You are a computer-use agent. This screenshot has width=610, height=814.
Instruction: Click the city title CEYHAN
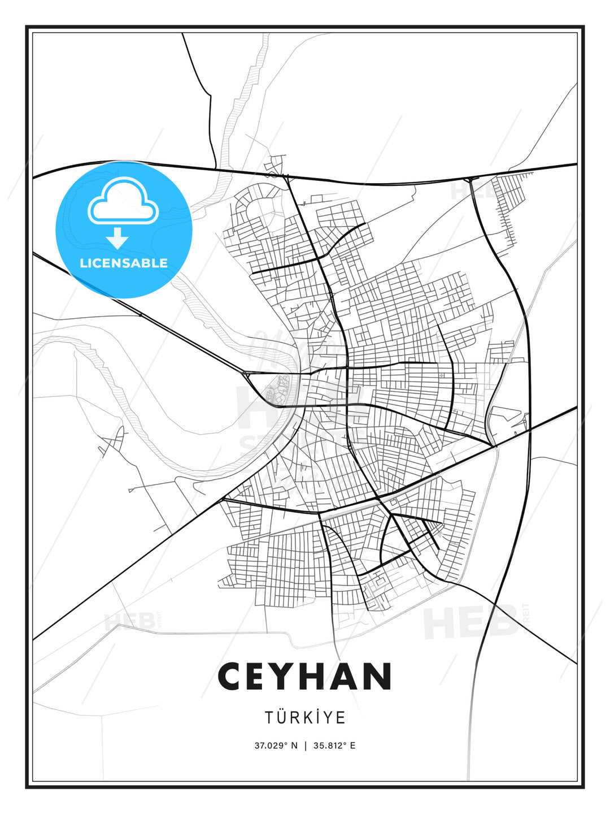(305, 677)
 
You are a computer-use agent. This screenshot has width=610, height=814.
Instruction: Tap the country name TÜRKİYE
(305, 717)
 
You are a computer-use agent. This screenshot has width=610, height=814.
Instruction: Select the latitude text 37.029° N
(276, 746)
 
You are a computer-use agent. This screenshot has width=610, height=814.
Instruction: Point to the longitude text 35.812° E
(334, 746)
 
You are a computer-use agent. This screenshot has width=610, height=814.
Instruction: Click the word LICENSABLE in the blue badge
(124, 263)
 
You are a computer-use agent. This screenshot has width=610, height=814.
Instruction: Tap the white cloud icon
(123, 202)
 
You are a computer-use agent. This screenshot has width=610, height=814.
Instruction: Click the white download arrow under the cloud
(117, 239)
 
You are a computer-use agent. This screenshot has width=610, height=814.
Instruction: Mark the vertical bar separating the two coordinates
(306, 746)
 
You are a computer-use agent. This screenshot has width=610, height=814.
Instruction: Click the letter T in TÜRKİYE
(269, 717)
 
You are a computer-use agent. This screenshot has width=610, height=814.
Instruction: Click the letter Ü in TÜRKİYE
(282, 717)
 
